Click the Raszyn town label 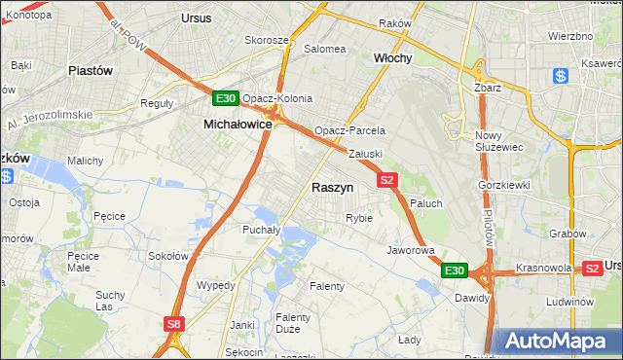[332, 187]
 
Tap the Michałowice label [237, 125]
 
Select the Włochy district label [393, 57]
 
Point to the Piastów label [92, 71]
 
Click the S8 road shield [173, 325]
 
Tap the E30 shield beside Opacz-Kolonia [226, 98]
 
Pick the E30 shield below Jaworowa [455, 270]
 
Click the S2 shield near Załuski [387, 180]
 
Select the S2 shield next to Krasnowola [592, 268]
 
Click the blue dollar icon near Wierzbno [560, 76]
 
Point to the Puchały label [261, 231]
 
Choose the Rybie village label [359, 218]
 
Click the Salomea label [325, 48]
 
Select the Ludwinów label [570, 302]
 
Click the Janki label [241, 325]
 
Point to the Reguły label [157, 102]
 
